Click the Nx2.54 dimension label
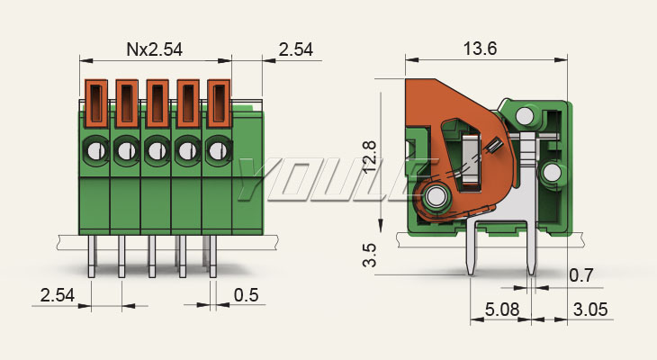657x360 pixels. pos(155,49)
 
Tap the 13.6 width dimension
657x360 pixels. pos(481,49)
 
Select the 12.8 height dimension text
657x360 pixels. pos(369,157)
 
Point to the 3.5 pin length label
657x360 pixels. pos(370,256)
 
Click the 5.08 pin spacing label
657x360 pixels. pos(502,310)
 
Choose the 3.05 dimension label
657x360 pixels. pos(590,310)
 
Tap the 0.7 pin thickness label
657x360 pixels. pos(581,275)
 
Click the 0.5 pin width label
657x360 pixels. pos(246,295)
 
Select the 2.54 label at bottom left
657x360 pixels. pos(58,295)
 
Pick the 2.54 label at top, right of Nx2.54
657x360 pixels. pos(296,49)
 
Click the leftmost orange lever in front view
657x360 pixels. pos(96,103)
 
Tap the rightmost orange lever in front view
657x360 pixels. pos(219,103)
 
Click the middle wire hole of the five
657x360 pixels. pos(157,151)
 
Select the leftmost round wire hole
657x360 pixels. pos(96,151)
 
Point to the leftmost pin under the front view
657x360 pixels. pos(92,256)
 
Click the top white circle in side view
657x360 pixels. pos(525,116)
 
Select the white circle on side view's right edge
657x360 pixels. pos(553,173)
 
